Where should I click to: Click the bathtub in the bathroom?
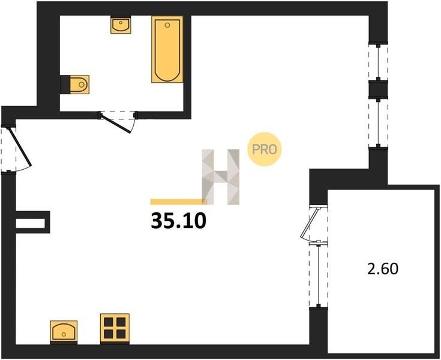167,49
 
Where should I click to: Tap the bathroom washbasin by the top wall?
121,25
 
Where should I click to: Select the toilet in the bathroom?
79,85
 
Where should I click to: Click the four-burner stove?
115,329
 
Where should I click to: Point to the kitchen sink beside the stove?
64,332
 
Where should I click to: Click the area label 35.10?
179,221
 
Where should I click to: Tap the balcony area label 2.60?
383,269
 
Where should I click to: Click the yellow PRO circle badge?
264,149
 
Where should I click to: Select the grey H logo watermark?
221,177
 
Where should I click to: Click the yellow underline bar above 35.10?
179,202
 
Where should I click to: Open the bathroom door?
118,121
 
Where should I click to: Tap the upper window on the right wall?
378,61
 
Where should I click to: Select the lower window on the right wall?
378,122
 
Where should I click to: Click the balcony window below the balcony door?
319,274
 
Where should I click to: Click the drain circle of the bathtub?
167,25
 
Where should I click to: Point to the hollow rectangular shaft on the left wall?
32,222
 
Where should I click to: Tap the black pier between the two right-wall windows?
378,89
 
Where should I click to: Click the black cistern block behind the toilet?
65,85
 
